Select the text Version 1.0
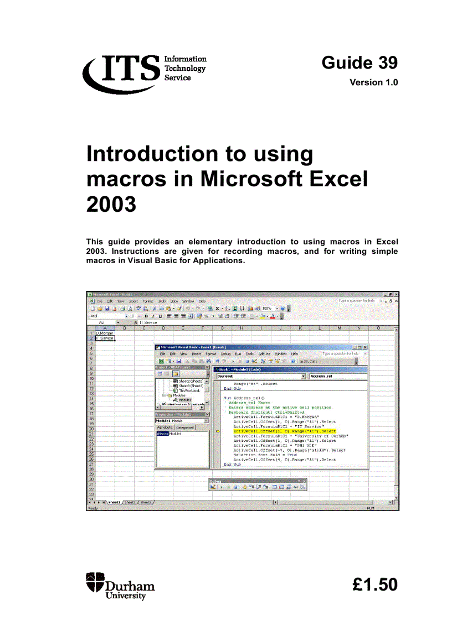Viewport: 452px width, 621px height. point(373,83)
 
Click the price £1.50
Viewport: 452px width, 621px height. point(374,585)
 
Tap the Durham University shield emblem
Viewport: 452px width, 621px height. point(95,584)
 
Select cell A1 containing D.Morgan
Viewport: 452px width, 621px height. point(104,333)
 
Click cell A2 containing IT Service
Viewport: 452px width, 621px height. point(104,338)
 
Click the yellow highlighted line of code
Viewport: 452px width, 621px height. point(285,431)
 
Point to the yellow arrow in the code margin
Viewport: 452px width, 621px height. point(217,431)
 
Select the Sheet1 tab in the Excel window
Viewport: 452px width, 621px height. point(114,502)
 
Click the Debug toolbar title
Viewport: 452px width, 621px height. point(215,481)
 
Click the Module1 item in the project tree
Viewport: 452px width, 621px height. point(184,400)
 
